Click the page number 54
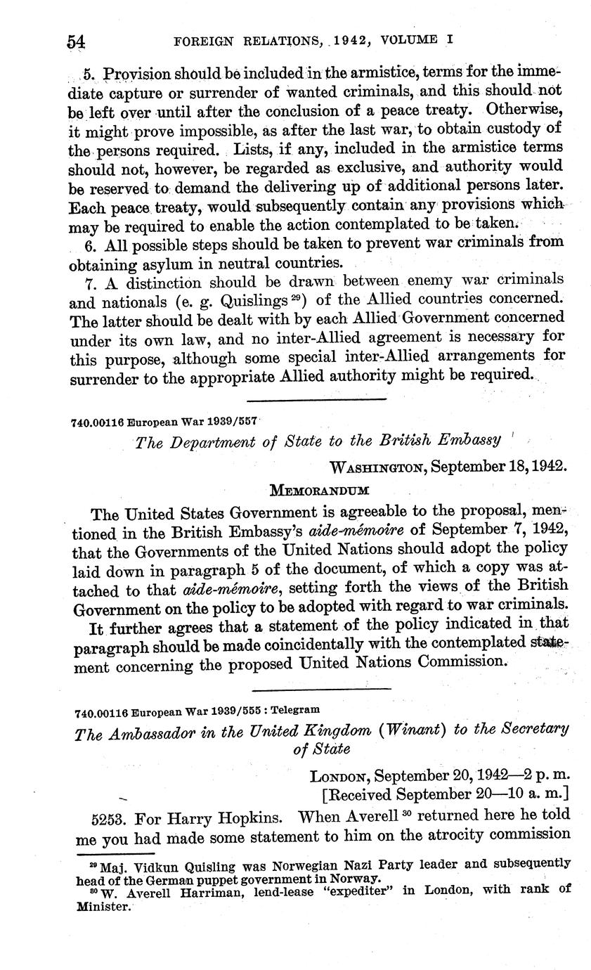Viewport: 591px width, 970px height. (76, 41)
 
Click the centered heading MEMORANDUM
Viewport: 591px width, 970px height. (320, 489)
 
